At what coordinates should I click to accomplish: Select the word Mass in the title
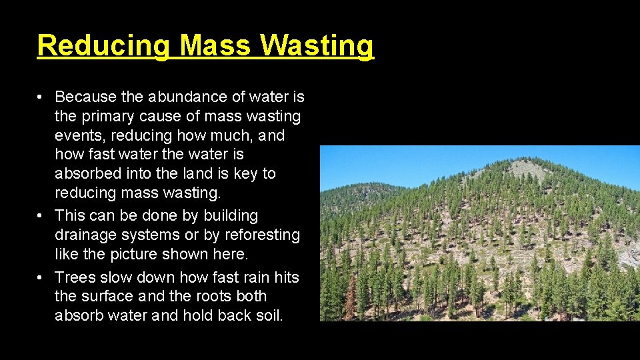pos(216,46)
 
